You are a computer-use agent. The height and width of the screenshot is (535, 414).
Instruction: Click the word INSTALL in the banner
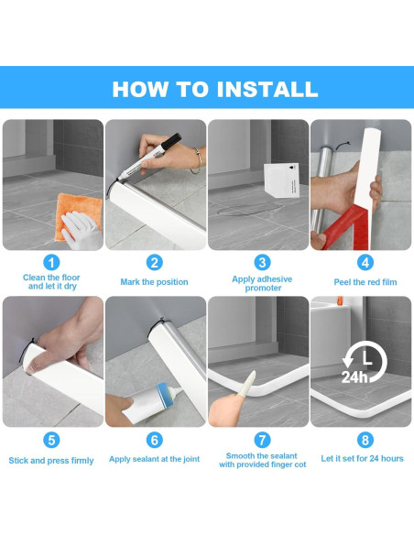click(x=267, y=90)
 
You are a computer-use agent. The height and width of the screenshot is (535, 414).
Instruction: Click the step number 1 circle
click(x=51, y=263)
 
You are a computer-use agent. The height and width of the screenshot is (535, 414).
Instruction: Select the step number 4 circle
click(x=365, y=263)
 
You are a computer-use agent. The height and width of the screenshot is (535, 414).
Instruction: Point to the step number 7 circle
click(x=262, y=440)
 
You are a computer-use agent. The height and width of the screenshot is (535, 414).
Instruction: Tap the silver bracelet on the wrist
click(x=197, y=160)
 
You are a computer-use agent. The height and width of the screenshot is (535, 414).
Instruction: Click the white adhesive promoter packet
click(x=282, y=180)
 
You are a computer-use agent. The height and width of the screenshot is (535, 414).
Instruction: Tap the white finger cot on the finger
click(x=248, y=384)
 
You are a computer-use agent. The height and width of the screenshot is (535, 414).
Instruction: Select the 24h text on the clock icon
click(x=354, y=377)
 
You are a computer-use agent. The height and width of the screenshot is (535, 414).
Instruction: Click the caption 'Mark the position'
click(x=154, y=282)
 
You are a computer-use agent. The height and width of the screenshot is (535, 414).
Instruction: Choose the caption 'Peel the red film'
click(x=365, y=282)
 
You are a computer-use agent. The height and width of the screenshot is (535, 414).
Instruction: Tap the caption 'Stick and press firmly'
click(x=51, y=461)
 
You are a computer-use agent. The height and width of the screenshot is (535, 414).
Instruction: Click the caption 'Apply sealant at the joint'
click(x=154, y=459)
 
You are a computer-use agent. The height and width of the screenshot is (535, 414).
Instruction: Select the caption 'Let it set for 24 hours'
click(x=362, y=459)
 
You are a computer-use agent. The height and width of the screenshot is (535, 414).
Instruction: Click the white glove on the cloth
click(x=82, y=230)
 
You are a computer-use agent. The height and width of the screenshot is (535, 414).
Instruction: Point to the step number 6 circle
click(x=155, y=440)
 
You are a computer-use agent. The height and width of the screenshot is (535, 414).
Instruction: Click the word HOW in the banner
click(x=140, y=90)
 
